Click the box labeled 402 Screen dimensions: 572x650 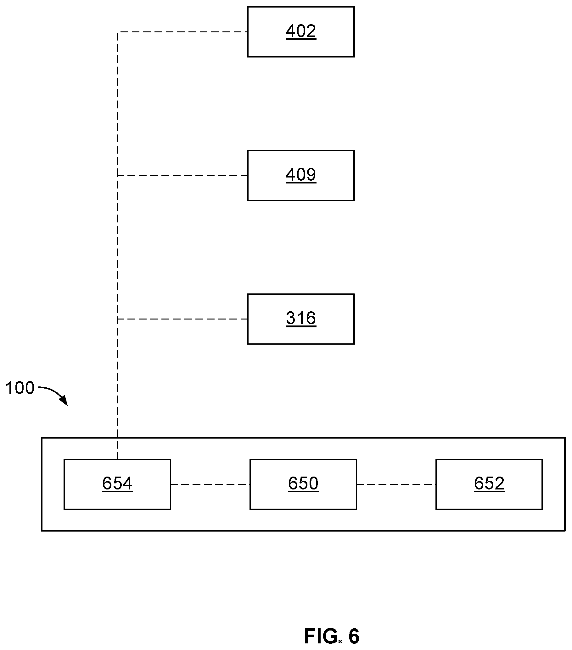pos(301,32)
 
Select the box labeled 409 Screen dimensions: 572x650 pos(301,175)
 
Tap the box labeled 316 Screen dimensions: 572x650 pos(301,319)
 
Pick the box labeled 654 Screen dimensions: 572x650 pos(117,484)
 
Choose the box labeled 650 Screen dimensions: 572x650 pos(303,484)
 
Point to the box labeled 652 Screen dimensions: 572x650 pos(489,484)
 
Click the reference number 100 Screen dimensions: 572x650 pos(20,388)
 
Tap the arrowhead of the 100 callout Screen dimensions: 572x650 pos(64,401)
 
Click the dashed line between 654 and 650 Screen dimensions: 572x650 pos(210,484)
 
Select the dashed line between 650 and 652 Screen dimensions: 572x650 pos(396,484)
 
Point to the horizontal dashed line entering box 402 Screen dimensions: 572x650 pos(182,32)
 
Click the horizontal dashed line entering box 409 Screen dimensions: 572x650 pos(182,175)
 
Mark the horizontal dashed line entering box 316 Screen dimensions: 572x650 pos(182,319)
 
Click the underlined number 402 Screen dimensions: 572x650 pos(301,31)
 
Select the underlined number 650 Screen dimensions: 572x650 pos(303,484)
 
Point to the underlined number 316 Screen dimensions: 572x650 pos(301,319)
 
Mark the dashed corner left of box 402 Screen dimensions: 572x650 pos(118,32)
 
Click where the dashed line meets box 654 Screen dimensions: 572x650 pos(118,459)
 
